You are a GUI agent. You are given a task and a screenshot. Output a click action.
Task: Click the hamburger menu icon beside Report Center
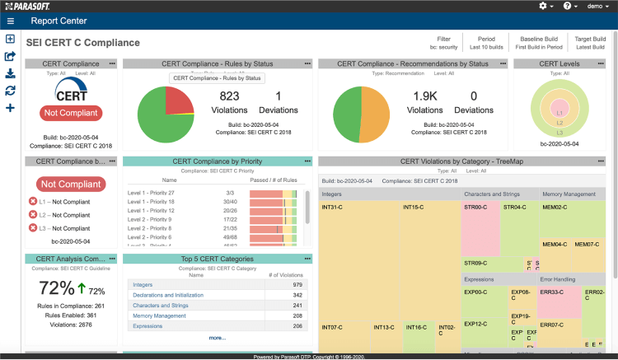pyautogui.click(x=10, y=21)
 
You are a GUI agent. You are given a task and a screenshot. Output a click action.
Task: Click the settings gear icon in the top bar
pyautogui.click(x=544, y=6)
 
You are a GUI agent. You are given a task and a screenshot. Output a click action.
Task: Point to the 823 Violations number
pyautogui.click(x=229, y=96)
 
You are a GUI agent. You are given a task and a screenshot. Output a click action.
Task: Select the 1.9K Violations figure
pyautogui.click(x=425, y=96)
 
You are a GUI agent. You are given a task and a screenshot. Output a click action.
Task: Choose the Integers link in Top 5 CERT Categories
pyautogui.click(x=143, y=284)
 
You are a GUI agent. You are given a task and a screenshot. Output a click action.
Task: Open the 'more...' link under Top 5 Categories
pyautogui.click(x=217, y=338)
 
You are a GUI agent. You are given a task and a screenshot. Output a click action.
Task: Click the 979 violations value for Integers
pyautogui.click(x=297, y=284)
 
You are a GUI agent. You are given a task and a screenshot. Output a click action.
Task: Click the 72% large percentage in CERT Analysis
pyautogui.click(x=57, y=289)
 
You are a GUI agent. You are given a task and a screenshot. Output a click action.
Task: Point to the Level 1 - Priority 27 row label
pyautogui.click(x=151, y=191)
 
